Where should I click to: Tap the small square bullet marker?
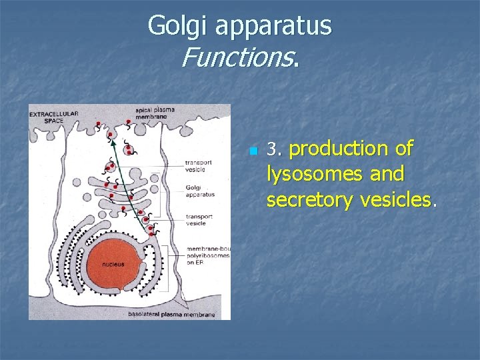tap(253, 151)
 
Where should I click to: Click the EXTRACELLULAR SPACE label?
tap(53, 118)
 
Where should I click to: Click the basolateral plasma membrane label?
tap(172, 314)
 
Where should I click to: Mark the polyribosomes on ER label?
tap(208, 255)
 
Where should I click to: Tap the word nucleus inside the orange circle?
tap(113, 265)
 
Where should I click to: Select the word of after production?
tap(402, 149)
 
